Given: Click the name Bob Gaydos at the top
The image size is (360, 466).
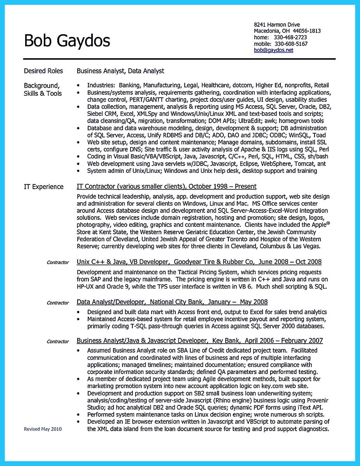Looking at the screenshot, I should (x=67, y=40).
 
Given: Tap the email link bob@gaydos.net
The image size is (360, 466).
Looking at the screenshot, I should (x=273, y=50).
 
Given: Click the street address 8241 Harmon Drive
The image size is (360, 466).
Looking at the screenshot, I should (x=277, y=24).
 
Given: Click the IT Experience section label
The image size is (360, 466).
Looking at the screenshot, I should (x=43, y=187).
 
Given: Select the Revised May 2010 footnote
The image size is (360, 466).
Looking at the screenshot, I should (x=43, y=429).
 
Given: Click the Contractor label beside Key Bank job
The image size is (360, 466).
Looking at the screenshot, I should (x=57, y=342).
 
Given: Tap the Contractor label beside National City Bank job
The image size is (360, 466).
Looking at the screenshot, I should (x=57, y=303).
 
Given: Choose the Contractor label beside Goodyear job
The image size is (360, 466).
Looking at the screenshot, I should (x=57, y=263).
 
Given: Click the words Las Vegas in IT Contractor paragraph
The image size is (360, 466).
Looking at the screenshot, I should (x=307, y=247).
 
